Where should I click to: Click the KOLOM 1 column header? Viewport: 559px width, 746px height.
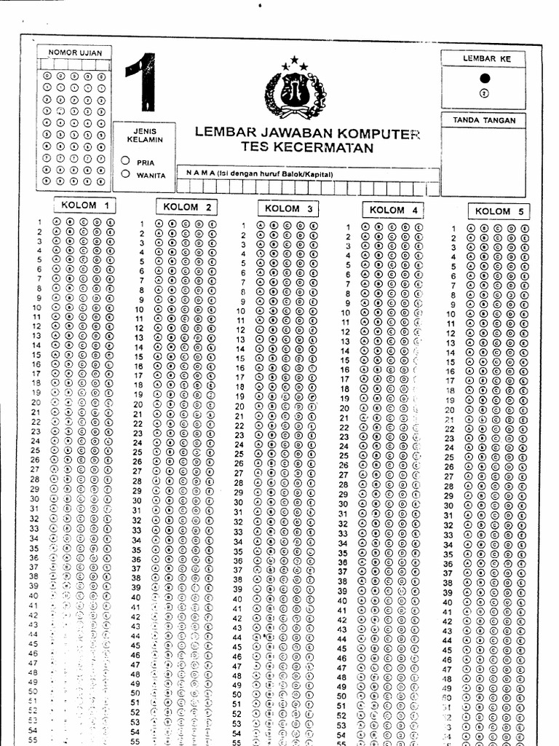coord(85,205)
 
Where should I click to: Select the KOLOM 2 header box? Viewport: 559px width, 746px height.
coord(186,206)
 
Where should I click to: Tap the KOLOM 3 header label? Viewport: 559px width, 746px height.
coord(288,208)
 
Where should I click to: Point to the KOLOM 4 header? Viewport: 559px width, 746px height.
coord(392,210)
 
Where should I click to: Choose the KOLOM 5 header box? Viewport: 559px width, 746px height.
coord(499,211)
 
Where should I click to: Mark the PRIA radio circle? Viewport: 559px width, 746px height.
coord(126,161)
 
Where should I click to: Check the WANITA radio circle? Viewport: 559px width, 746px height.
coord(126,173)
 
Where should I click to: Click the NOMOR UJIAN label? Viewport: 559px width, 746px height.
coord(75,52)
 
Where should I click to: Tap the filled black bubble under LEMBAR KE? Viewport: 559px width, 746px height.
coord(485,79)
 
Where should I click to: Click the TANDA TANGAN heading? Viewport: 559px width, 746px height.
coord(484,120)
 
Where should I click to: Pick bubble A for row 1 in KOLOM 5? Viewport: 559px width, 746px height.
coord(471,229)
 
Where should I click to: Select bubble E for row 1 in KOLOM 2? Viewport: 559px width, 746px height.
coord(212,224)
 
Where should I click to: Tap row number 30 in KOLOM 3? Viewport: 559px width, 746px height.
coord(237,503)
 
